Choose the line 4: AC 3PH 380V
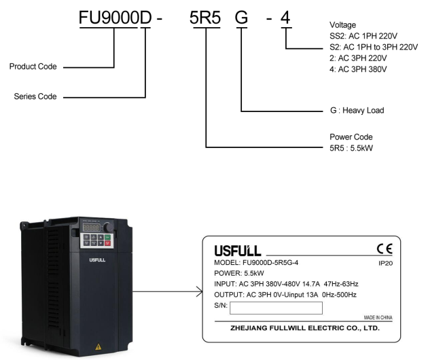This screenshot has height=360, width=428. click(357, 69)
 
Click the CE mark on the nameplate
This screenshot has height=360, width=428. click(385, 249)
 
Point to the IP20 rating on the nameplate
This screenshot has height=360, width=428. click(385, 261)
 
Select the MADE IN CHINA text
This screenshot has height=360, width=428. click(378, 318)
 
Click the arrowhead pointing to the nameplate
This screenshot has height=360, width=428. click(198, 291)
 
